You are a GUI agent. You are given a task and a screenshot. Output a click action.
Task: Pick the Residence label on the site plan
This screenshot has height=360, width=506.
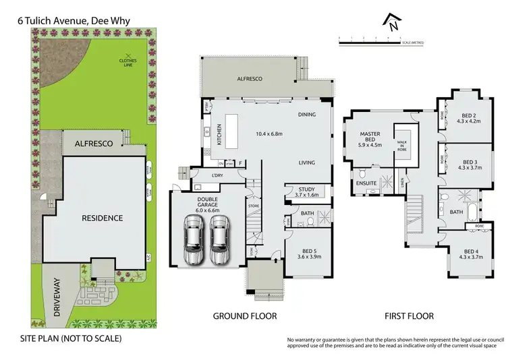(x=103, y=218)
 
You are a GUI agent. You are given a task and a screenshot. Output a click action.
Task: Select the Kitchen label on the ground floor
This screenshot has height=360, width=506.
(x=219, y=135)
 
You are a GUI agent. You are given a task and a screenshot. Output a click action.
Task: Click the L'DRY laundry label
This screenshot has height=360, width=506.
(x=217, y=176)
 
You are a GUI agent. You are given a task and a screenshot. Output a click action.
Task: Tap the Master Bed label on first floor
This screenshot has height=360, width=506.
(x=370, y=139)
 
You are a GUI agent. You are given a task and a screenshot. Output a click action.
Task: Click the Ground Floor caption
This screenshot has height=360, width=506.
(x=245, y=316)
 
